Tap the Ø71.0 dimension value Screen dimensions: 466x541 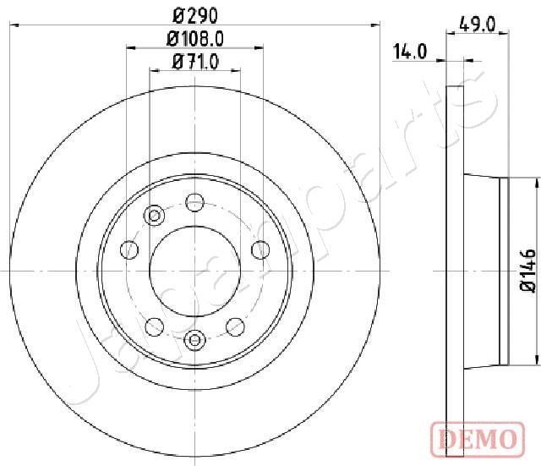(195, 61)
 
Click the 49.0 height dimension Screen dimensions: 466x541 (479, 25)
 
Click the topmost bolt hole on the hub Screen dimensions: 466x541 (195, 201)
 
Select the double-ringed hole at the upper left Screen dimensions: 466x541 (154, 217)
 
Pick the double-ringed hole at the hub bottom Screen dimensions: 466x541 (195, 340)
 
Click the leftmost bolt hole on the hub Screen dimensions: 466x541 (130, 249)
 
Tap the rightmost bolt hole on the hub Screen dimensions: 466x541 (260, 249)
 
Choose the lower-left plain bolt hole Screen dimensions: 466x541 (155, 326)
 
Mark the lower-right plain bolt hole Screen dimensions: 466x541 (236, 326)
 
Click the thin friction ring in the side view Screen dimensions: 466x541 (455, 271)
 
